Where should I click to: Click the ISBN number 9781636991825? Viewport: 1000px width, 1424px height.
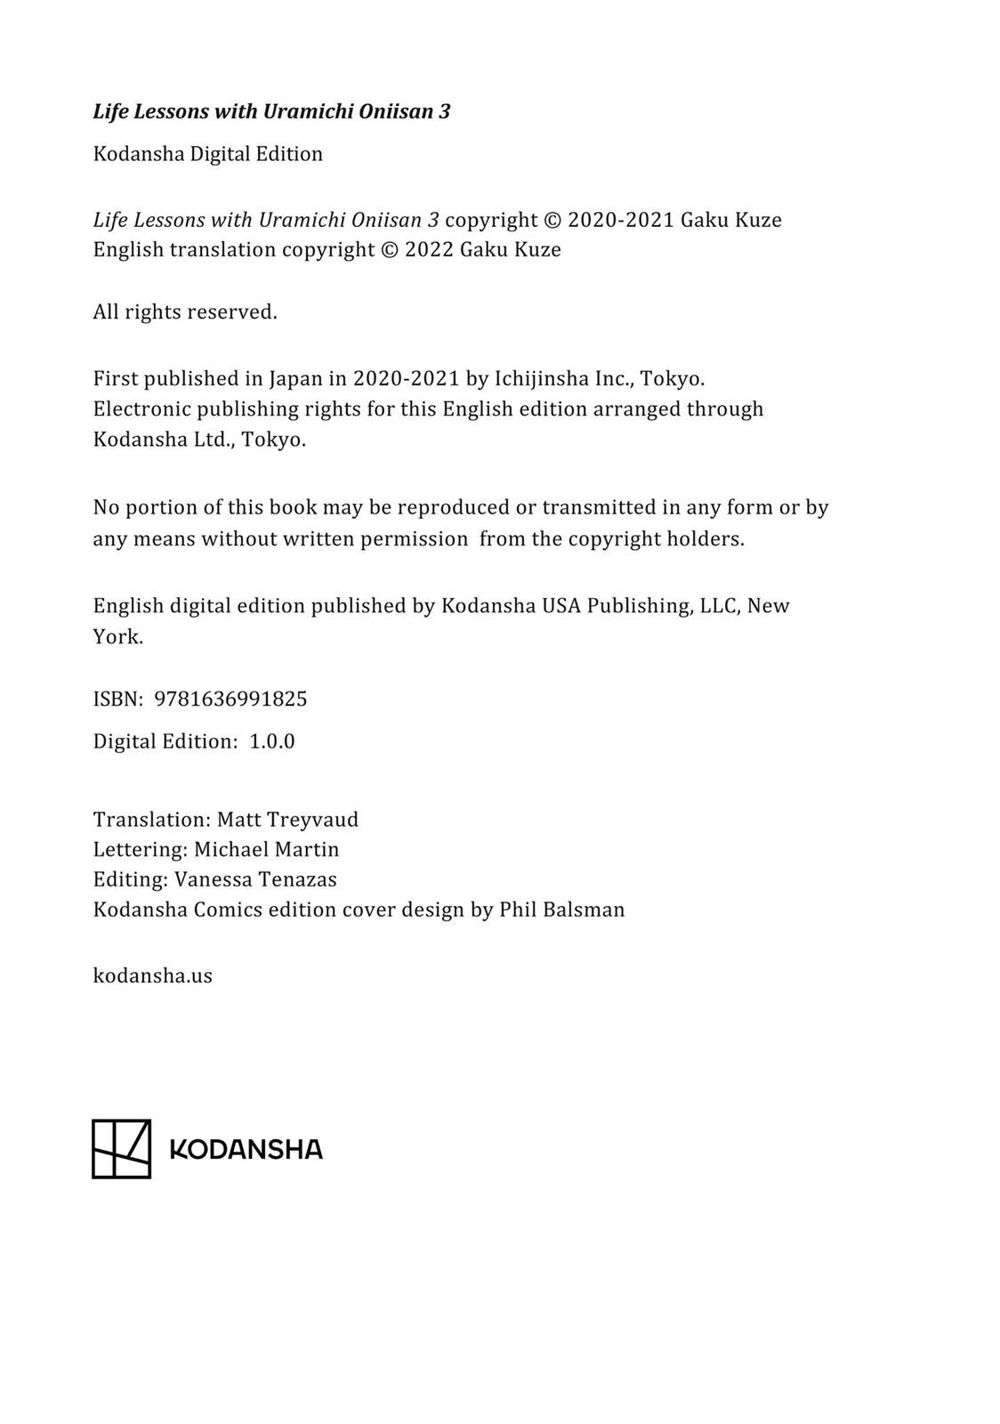[x=230, y=700]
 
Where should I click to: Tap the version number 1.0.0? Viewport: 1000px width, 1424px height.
[x=271, y=741]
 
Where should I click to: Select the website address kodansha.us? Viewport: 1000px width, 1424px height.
[x=153, y=975]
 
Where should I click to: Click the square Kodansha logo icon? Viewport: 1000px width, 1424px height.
[x=122, y=1149]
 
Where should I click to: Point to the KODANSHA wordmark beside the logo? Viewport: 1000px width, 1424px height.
[x=246, y=1150]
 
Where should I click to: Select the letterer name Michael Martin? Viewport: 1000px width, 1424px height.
[x=267, y=849]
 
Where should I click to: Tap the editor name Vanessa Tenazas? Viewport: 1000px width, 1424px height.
[x=255, y=879]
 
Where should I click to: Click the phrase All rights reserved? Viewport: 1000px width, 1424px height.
[x=185, y=312]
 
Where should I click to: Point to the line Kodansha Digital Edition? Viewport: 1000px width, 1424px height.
[x=208, y=154]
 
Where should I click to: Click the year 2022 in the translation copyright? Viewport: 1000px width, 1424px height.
[x=429, y=249]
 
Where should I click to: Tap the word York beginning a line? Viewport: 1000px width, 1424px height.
[x=117, y=637]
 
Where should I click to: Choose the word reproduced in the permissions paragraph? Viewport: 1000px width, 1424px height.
[x=454, y=507]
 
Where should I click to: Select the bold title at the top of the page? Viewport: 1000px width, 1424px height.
[x=271, y=111]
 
